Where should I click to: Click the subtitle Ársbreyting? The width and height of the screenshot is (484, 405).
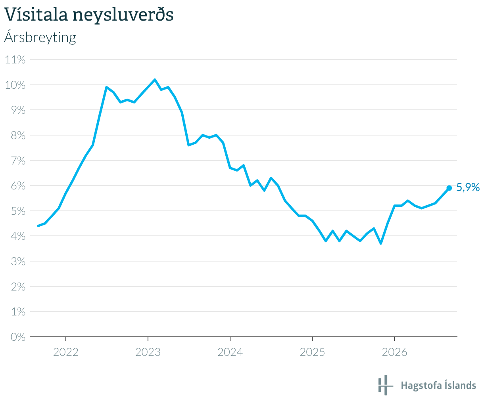(x=40, y=37)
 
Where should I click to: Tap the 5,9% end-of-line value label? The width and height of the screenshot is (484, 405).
(x=468, y=187)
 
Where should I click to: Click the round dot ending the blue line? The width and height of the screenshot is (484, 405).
(x=449, y=188)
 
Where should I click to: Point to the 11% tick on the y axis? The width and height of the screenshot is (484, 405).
(x=15, y=60)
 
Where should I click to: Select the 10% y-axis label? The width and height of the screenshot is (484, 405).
(x=15, y=85)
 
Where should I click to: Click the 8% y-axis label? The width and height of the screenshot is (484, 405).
(x=18, y=135)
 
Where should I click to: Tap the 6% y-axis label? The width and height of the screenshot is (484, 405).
(x=18, y=186)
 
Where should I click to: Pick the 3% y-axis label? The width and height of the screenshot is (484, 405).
(x=18, y=262)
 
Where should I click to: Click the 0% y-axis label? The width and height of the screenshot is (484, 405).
(x=18, y=337)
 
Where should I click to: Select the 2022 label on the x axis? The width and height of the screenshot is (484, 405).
(x=66, y=352)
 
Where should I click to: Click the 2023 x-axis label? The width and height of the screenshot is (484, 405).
(x=148, y=352)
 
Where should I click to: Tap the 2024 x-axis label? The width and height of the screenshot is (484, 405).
(x=230, y=352)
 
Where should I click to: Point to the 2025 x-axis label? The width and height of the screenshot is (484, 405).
(x=312, y=352)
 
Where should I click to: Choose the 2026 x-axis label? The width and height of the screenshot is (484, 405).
(x=394, y=352)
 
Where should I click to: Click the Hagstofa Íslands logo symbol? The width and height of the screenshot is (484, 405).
(x=386, y=385)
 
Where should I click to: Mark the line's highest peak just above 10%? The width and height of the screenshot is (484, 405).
(x=155, y=80)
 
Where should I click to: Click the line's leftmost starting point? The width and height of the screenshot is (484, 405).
(x=38, y=226)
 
